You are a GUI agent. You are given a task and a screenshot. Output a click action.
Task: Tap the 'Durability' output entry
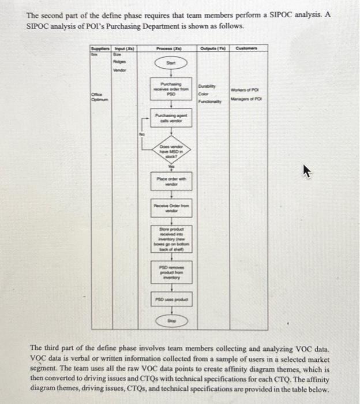207,85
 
